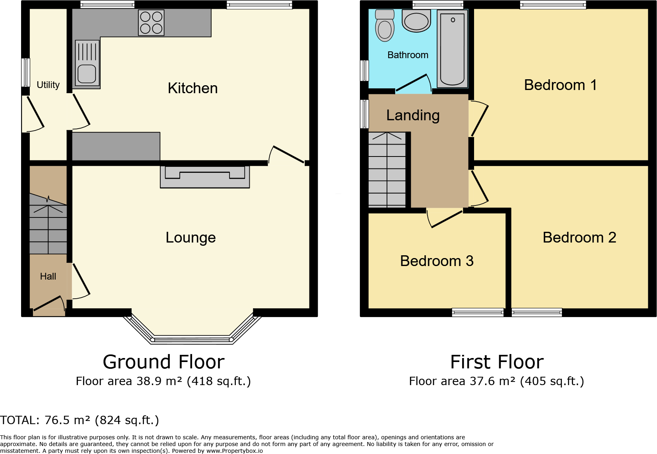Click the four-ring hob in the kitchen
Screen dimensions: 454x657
click(x=151, y=23)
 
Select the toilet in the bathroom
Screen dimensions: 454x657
click(x=385, y=26)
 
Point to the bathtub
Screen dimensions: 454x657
click(x=452, y=49)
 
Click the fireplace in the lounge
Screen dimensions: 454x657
click(x=205, y=177)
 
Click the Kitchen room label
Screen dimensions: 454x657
click(x=192, y=88)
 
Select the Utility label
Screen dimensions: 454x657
click(x=48, y=85)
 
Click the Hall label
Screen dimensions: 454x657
click(x=48, y=276)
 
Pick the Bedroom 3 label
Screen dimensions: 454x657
click(x=437, y=261)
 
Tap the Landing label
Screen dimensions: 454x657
click(x=413, y=115)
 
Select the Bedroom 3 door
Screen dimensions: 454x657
click(x=445, y=219)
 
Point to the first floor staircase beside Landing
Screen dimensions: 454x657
click(x=387, y=170)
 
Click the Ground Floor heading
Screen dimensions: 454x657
click(x=163, y=362)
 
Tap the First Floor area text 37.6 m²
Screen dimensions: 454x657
click(x=496, y=381)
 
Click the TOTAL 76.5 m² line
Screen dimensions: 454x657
click(x=80, y=420)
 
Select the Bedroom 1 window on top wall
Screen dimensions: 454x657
click(x=553, y=5)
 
